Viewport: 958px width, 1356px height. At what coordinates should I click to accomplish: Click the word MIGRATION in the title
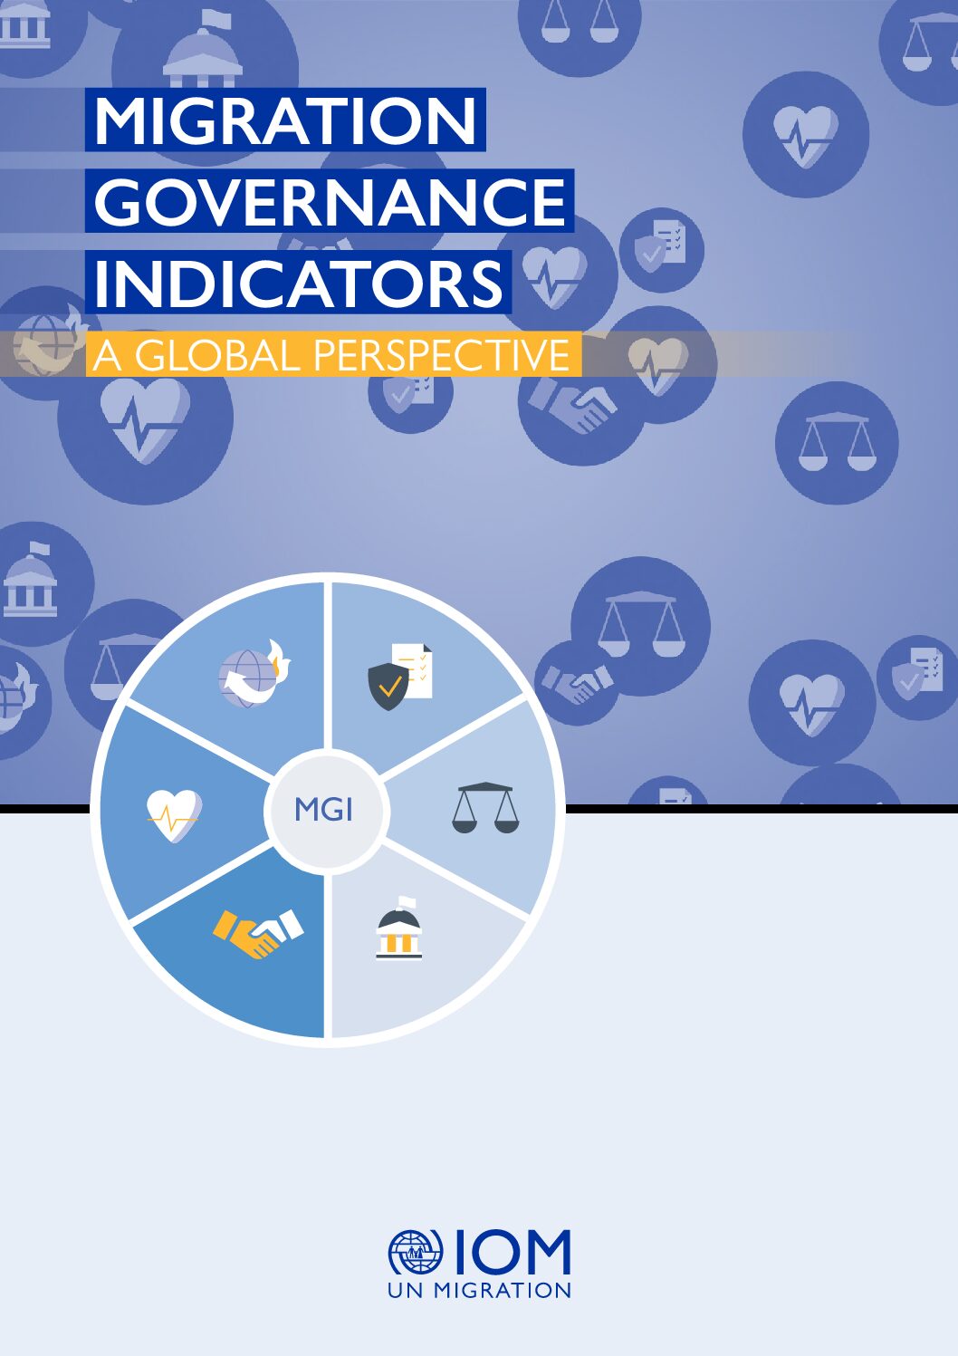coord(285,120)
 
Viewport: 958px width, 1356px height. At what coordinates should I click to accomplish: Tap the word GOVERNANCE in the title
coord(330,201)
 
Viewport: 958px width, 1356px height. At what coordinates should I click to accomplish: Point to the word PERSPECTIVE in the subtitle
coord(441,355)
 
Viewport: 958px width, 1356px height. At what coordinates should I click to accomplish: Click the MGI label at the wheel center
coord(323,810)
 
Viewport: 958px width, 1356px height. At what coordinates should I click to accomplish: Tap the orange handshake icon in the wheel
coord(258,933)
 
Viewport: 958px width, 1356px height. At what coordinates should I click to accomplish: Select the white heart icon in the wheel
coord(174,815)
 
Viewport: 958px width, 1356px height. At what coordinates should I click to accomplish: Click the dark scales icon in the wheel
coord(485,808)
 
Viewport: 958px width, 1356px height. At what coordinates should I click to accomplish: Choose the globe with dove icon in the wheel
coord(254,673)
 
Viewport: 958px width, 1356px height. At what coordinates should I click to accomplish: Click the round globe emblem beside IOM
coord(415,1253)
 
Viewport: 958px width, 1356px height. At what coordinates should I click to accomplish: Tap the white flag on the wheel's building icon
coord(407,903)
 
